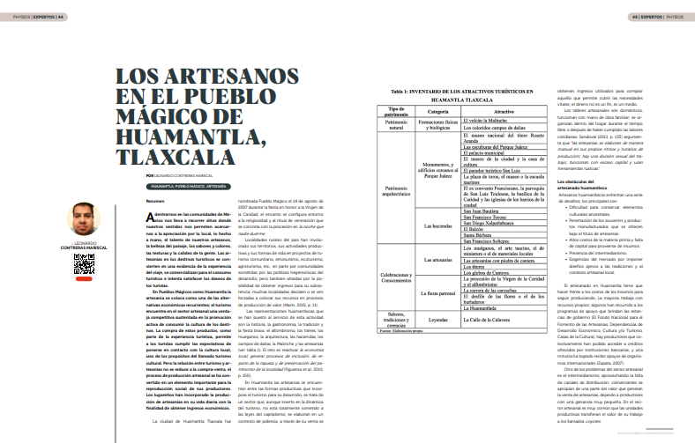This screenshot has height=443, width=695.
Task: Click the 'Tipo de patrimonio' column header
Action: pos(396,112)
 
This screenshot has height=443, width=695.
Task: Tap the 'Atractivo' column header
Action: pos(504,112)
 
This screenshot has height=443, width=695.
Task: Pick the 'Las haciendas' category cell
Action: pos(437,225)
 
